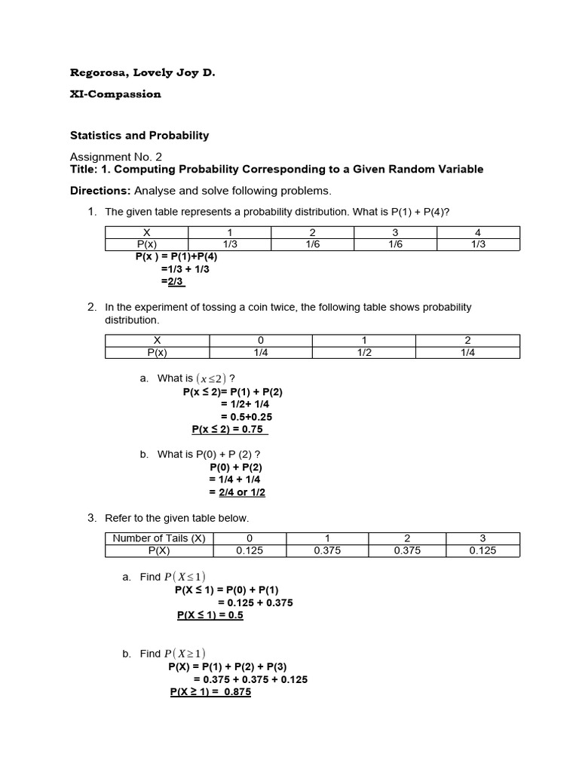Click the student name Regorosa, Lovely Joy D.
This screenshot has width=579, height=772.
[x=136, y=73]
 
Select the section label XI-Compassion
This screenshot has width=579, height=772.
[x=115, y=94]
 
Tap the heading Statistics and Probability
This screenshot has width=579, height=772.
[x=139, y=136]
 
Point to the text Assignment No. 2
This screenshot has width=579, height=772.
[x=116, y=157]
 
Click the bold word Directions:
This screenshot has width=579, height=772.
[x=100, y=190]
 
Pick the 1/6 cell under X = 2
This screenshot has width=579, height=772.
[x=312, y=244]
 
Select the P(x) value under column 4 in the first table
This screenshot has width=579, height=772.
[x=478, y=244]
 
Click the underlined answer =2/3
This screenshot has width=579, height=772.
[x=173, y=281]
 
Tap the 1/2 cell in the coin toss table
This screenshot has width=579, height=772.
[x=365, y=352]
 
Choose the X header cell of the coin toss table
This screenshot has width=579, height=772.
[x=157, y=341]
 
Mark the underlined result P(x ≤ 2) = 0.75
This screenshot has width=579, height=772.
[x=230, y=429]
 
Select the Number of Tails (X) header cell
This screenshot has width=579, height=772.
[x=158, y=538]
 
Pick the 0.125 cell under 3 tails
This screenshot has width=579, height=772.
[x=482, y=550]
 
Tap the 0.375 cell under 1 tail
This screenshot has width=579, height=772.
[x=327, y=550]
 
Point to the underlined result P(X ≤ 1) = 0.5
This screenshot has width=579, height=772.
[x=210, y=615]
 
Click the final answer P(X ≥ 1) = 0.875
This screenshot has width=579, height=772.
[x=210, y=692]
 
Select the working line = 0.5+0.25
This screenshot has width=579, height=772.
[x=247, y=416]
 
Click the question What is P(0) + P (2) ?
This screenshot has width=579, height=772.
[x=209, y=455]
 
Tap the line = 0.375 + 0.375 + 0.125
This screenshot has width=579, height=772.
[x=245, y=679]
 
